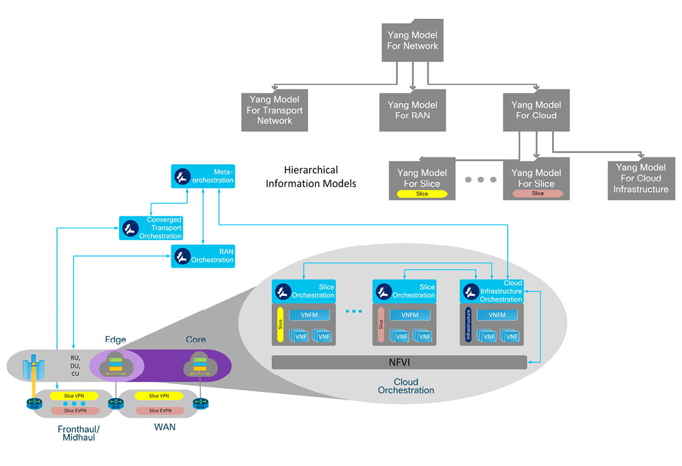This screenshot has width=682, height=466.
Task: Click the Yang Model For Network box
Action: click(x=412, y=41)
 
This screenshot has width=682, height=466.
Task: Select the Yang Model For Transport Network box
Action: click(x=275, y=110)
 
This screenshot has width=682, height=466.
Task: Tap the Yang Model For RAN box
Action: click(x=412, y=110)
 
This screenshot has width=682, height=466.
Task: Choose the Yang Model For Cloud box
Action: click(x=536, y=110)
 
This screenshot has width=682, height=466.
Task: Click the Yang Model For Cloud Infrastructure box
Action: click(x=641, y=179)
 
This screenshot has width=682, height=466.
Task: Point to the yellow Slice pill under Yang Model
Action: click(x=422, y=194)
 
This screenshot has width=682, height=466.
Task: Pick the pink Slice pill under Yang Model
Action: click(x=537, y=194)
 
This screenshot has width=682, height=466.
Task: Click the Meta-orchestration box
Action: click(x=203, y=176)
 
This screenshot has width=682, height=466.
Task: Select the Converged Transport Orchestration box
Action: click(x=151, y=228)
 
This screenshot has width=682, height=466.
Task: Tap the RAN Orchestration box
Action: click(x=203, y=256)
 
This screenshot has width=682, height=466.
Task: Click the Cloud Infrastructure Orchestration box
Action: click(x=491, y=292)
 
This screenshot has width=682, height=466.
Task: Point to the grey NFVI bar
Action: click(x=399, y=362)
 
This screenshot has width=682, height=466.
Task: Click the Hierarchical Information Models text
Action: click(x=310, y=176)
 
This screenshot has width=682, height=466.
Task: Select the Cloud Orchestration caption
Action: click(x=406, y=386)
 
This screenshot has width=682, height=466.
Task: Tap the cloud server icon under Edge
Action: click(x=115, y=365)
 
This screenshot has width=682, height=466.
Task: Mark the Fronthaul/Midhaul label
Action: click(x=78, y=433)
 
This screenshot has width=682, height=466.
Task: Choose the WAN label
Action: click(x=165, y=427)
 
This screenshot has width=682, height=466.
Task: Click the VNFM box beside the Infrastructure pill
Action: click(x=497, y=315)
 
